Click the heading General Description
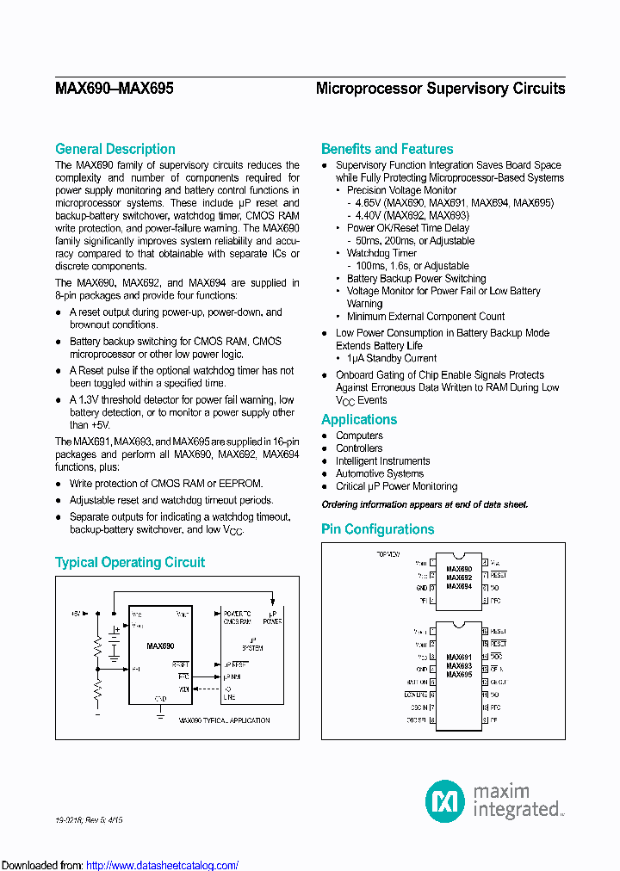(x=115, y=149)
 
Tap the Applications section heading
(x=359, y=419)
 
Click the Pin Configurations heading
(x=377, y=529)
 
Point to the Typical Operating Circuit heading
(x=130, y=562)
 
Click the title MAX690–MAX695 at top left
(x=114, y=89)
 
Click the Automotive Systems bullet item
(x=379, y=473)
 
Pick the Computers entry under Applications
(x=359, y=435)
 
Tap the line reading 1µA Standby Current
(x=392, y=358)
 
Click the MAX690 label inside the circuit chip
(x=160, y=646)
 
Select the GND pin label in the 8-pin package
(x=422, y=586)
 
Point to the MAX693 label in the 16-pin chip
(x=459, y=666)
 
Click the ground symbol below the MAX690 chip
(x=160, y=711)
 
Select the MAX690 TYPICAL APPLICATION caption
(x=224, y=720)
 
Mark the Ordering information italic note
(x=425, y=504)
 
